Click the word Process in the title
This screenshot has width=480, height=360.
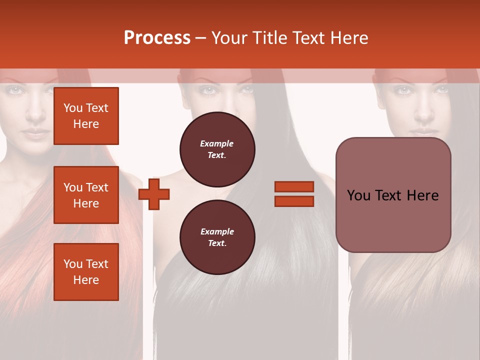coord(157,38)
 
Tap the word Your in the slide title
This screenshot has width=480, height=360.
coord(228,38)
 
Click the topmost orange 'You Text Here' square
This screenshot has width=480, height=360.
coord(86,116)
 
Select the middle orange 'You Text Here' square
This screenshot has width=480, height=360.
coord(86,195)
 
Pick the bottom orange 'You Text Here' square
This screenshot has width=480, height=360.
coord(86,272)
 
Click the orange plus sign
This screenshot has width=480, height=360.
coord(154,193)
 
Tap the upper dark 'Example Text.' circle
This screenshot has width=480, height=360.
coord(217,149)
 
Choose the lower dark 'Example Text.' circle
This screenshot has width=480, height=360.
coord(217,237)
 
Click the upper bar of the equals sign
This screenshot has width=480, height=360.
coord(294,186)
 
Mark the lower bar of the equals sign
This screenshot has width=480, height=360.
coord(294,201)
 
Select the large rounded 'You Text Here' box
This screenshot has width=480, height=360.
coord(393,195)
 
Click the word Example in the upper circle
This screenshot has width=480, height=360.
coord(217,144)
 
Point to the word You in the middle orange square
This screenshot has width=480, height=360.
coord(73,187)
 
